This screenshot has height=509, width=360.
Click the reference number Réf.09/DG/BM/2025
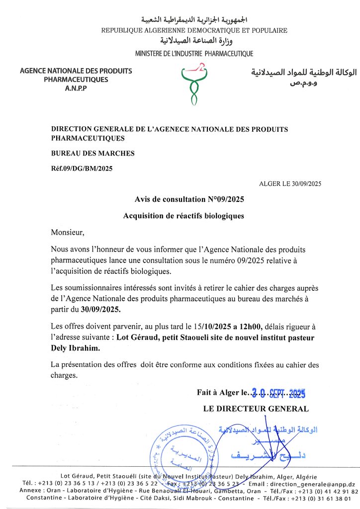click(82, 169)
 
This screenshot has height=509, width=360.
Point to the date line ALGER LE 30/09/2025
click(290, 184)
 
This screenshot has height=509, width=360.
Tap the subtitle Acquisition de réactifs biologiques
click(183, 216)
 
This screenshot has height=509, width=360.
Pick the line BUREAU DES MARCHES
click(93, 154)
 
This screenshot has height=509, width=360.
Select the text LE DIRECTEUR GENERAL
click(256, 409)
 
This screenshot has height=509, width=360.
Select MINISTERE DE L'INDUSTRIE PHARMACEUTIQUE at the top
click(194, 54)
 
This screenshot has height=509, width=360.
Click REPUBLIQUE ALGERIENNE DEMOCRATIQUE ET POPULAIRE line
click(194, 31)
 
